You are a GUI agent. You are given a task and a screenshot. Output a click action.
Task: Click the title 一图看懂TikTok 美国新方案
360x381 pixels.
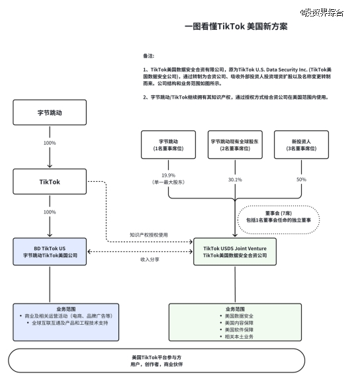[236, 26]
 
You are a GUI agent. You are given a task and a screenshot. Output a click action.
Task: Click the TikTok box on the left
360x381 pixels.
[50, 181]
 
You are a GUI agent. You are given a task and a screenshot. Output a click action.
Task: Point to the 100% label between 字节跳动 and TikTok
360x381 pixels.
[50, 143]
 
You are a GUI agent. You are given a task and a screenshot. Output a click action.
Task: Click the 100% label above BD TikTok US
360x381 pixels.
[50, 212]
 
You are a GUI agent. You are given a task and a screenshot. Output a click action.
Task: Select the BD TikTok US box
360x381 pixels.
[50, 251]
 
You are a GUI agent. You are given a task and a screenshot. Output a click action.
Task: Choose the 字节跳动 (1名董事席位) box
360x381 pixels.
[168, 145]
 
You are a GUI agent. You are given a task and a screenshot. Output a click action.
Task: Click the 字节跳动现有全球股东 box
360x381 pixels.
[234, 145]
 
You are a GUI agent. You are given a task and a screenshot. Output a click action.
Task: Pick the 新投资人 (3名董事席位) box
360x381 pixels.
[301, 145]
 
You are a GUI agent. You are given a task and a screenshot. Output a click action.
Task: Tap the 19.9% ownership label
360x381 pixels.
[168, 177]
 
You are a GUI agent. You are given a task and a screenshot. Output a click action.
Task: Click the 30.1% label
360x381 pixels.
[234, 179]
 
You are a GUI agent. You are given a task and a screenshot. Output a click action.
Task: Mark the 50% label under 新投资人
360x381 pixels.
[301, 179]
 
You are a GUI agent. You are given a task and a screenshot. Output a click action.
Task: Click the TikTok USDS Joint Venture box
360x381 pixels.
[234, 251]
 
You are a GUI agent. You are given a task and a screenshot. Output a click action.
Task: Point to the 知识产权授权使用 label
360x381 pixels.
[149, 235]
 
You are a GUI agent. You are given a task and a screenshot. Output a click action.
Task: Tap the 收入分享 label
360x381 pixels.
[149, 260]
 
